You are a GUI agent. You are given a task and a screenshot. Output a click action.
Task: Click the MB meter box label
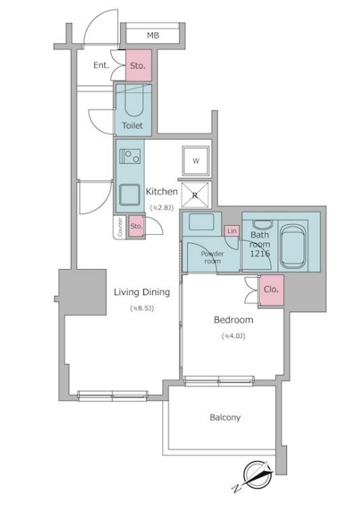153,35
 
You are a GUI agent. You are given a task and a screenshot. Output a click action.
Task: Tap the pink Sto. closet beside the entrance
139,66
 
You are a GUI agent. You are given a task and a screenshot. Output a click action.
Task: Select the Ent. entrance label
101,65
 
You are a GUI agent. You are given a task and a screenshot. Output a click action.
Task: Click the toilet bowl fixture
133,101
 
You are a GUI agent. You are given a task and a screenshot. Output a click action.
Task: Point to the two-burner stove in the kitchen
130,157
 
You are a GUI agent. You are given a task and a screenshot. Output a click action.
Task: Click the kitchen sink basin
130,195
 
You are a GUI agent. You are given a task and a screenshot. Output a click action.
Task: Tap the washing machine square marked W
196,161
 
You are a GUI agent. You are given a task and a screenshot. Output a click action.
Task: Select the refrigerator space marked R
195,195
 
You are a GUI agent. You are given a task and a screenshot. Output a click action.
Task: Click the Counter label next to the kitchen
120,227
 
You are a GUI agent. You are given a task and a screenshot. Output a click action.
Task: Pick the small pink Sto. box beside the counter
136,226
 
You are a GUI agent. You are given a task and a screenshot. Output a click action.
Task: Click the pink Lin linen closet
232,231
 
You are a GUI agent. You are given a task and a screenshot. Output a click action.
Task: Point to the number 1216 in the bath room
259,253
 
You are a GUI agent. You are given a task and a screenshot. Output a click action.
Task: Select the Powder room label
212,257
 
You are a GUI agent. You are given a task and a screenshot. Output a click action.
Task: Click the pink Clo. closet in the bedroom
271,290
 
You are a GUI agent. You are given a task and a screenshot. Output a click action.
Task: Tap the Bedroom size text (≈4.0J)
233,336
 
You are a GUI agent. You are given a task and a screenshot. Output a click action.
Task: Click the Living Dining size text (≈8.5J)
142,308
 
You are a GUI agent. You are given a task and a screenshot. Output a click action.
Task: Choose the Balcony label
225,417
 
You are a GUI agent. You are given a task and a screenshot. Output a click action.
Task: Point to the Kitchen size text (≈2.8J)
161,207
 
